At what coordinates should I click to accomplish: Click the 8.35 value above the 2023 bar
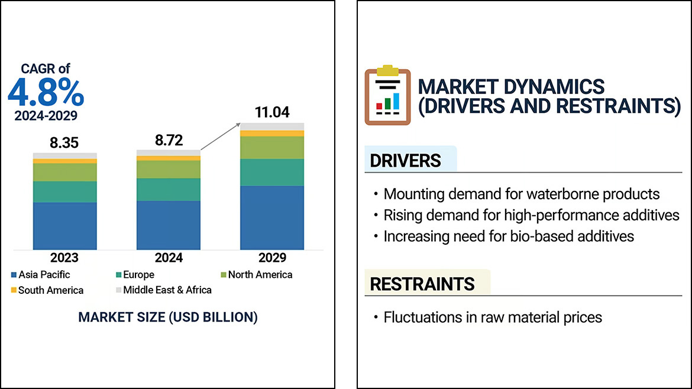64,142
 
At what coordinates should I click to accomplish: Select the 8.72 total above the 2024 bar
169,140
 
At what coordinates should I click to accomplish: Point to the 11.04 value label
272,112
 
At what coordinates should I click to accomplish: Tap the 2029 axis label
272,258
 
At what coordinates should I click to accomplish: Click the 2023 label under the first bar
64,258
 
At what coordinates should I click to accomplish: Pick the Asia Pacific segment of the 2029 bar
272,217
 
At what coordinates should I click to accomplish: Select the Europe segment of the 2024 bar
169,189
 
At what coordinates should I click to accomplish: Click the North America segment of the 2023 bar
64,172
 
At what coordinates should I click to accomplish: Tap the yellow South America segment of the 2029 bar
272,134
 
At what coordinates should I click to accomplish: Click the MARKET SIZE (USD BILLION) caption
168,317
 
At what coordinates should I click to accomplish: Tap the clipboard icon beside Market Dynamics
387,96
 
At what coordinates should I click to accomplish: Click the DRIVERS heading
406,160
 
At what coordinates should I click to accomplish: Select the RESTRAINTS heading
422,284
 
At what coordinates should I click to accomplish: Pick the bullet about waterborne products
521,194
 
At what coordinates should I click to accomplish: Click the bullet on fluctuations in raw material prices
493,317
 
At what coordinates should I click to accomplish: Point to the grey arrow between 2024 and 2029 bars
221,137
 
